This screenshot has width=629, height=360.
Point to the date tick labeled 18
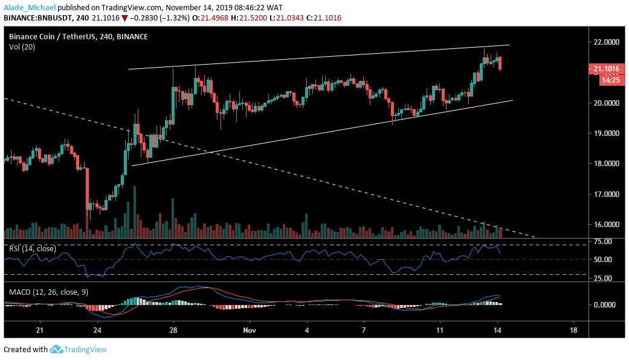573,331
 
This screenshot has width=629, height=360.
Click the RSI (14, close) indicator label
31,248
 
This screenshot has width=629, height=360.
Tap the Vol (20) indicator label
22,47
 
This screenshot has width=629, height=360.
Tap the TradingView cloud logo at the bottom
57,349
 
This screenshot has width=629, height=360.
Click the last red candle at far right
500,63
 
